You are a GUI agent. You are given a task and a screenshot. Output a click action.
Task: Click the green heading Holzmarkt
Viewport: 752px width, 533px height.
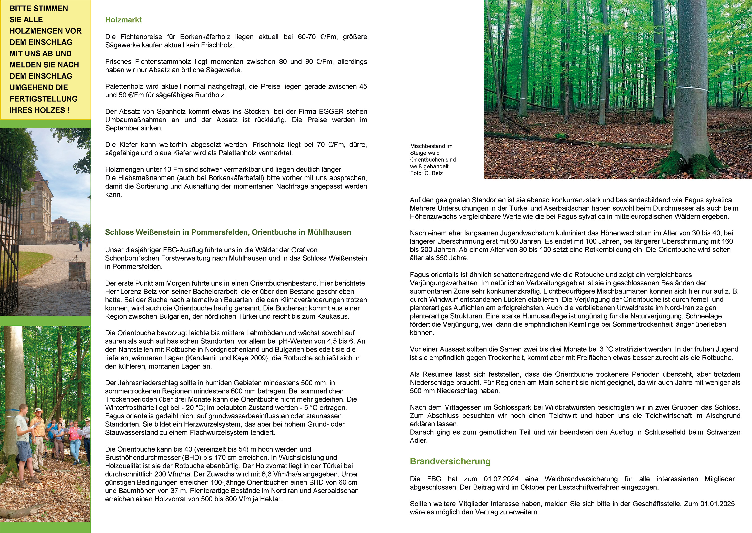123,20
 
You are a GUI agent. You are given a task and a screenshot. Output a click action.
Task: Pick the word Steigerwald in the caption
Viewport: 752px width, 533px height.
425,153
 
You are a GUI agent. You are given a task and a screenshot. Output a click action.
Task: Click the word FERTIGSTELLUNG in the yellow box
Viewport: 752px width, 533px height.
44,99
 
